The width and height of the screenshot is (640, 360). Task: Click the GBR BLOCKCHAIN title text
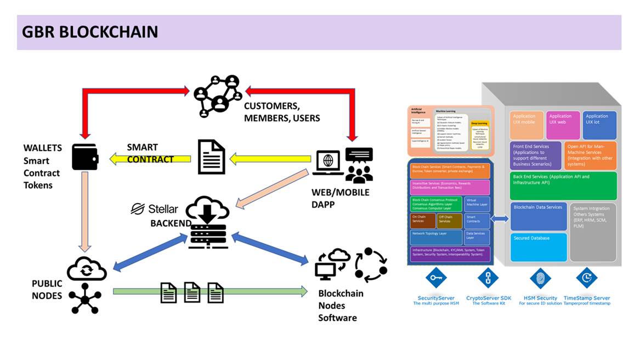tap(90, 32)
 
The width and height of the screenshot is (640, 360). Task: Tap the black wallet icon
tap(86, 157)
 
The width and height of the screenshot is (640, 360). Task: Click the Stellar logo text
tap(155, 209)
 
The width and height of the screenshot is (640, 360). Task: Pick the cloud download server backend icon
tap(207, 223)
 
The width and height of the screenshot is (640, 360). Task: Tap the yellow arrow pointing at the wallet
tap(150, 159)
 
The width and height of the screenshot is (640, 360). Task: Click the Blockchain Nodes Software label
tap(341, 305)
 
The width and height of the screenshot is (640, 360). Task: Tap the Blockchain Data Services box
tap(538, 216)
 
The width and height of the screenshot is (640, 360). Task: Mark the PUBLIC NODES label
tap(47, 289)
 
